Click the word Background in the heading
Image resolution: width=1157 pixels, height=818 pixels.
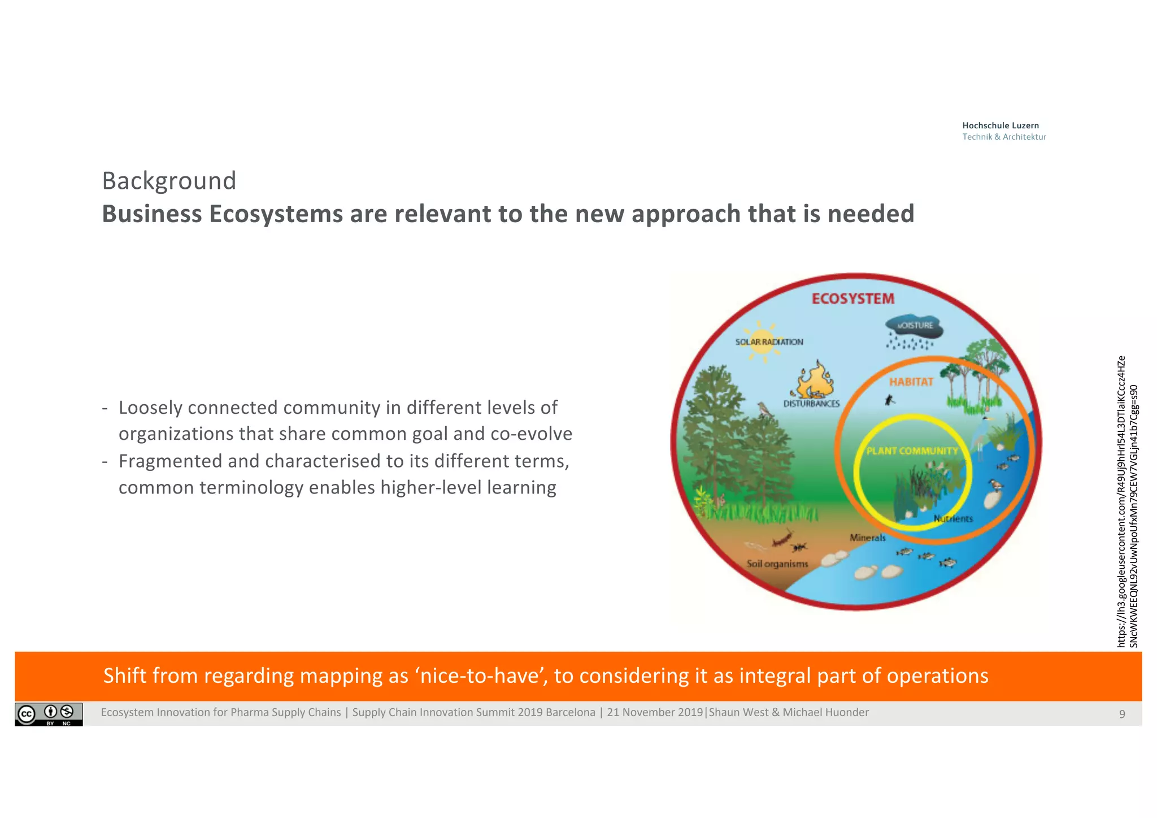[x=169, y=181]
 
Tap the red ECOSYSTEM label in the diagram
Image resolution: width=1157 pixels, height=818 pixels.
[x=852, y=299]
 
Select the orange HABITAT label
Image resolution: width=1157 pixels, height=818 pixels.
[x=911, y=382]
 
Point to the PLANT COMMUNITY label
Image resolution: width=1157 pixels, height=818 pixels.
[x=912, y=451]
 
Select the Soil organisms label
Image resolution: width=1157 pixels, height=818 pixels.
[x=777, y=564]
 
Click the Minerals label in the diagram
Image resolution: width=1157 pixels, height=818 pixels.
[x=867, y=538]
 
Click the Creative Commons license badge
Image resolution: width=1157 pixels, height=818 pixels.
[x=49, y=714]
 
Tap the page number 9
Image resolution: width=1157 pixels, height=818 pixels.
[x=1122, y=714]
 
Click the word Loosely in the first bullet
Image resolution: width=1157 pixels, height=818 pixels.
[x=150, y=408]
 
